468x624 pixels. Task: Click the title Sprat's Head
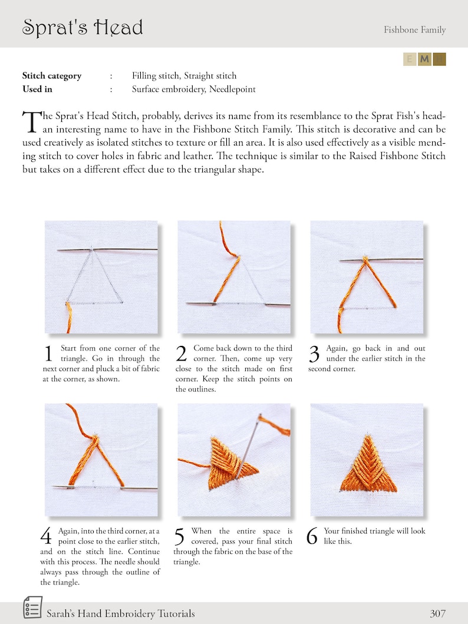tap(83, 28)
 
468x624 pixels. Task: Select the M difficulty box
tap(424, 59)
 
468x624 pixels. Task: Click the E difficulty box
tap(410, 59)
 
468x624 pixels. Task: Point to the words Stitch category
tap(52, 75)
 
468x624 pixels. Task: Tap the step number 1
tap(49, 354)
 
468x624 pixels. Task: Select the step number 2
tap(182, 354)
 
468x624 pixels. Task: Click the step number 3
tap(314, 354)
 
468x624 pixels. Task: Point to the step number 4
tap(47, 537)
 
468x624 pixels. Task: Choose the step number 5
tap(180, 537)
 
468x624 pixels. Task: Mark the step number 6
tap(313, 537)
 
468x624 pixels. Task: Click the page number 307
tap(437, 613)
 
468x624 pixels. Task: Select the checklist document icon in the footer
tap(32, 608)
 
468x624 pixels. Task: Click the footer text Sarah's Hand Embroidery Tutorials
tap(120, 613)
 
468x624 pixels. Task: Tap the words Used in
tap(37, 90)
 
